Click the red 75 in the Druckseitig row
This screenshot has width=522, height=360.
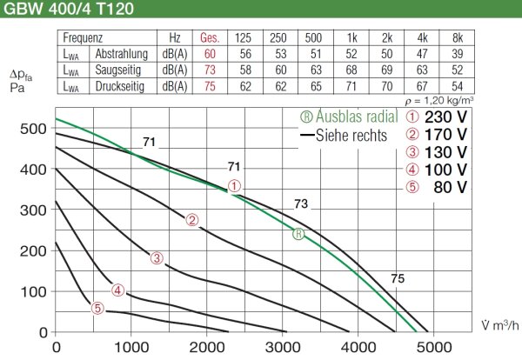tap(209, 87)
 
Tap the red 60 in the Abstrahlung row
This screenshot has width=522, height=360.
tap(209, 55)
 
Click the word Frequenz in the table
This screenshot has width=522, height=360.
tap(84, 38)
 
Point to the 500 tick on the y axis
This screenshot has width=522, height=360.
tap(34, 129)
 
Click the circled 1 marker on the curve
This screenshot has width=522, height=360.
tap(234, 185)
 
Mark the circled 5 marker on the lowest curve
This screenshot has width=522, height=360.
tap(97, 307)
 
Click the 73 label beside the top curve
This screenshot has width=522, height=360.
tap(301, 204)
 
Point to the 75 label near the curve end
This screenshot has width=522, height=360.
tap(398, 278)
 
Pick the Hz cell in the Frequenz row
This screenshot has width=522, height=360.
tap(175, 38)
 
